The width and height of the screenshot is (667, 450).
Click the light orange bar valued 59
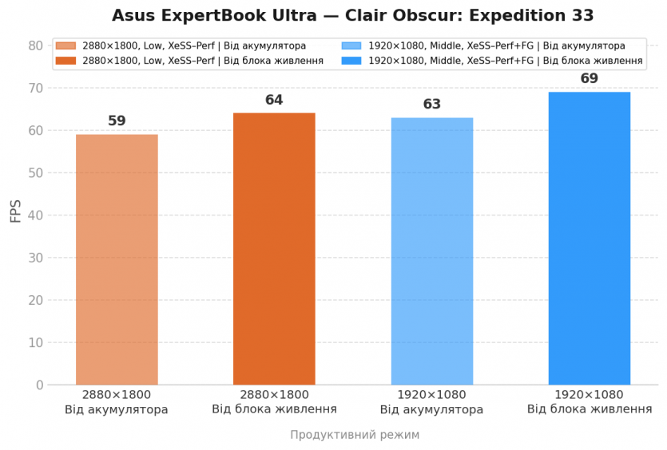point(117,259)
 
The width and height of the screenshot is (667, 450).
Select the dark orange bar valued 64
point(274,249)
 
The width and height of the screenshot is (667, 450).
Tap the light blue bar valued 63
point(431,251)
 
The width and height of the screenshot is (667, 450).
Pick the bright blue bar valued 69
point(589,239)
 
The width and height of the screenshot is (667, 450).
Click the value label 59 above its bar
point(117,121)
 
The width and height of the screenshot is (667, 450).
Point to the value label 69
point(589,79)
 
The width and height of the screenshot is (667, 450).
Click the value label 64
point(274,101)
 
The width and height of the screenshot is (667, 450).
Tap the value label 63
point(431,105)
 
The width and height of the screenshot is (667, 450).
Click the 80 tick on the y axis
point(35,45)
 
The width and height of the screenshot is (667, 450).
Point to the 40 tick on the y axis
point(35,215)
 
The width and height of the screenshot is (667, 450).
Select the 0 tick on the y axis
point(39,385)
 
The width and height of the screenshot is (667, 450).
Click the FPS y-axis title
point(16,211)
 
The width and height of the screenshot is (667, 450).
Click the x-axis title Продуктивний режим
point(354,435)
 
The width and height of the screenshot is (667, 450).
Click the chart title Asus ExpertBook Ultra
point(352,16)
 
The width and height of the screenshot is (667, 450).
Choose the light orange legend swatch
point(66,46)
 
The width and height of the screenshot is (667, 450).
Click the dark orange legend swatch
point(66,61)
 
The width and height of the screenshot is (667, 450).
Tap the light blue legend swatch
point(351,46)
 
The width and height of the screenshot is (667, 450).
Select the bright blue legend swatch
point(351,61)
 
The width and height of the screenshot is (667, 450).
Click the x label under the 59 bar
point(117,402)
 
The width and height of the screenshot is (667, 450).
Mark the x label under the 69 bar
point(589,402)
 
